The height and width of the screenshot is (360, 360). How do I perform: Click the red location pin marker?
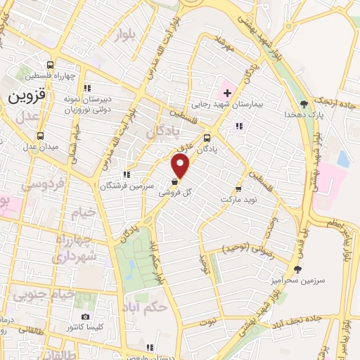click(181, 166)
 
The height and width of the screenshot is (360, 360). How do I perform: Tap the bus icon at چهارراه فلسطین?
click(49, 63)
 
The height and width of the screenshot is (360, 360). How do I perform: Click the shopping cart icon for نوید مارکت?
click(238, 188)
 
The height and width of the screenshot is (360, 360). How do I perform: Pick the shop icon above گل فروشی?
click(174, 181)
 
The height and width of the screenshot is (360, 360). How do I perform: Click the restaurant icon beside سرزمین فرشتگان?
click(126, 175)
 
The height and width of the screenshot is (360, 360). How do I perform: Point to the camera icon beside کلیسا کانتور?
click(85, 318)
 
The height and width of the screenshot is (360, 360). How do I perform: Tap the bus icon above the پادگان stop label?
click(207, 139)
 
